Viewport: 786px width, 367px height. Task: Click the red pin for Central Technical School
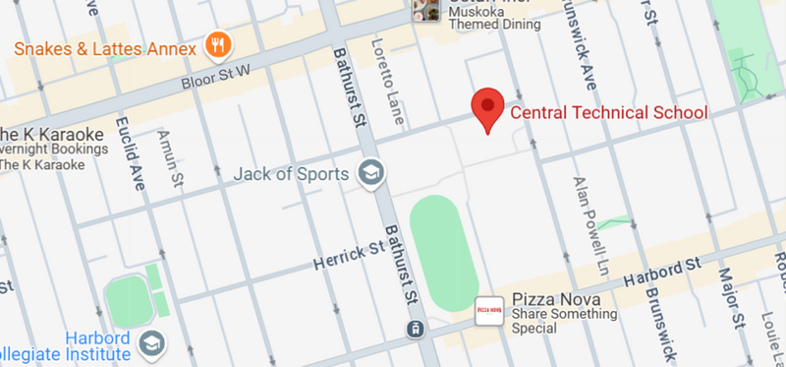(488, 106)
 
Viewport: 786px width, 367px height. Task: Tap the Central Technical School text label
(608, 112)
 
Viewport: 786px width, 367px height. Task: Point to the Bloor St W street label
(216, 78)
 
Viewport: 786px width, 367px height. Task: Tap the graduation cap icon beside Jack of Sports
(370, 174)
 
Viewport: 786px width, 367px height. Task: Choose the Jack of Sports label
(292, 175)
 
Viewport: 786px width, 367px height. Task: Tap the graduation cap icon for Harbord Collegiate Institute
(153, 342)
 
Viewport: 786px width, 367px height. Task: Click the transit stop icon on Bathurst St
(418, 328)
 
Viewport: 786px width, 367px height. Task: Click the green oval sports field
(444, 255)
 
